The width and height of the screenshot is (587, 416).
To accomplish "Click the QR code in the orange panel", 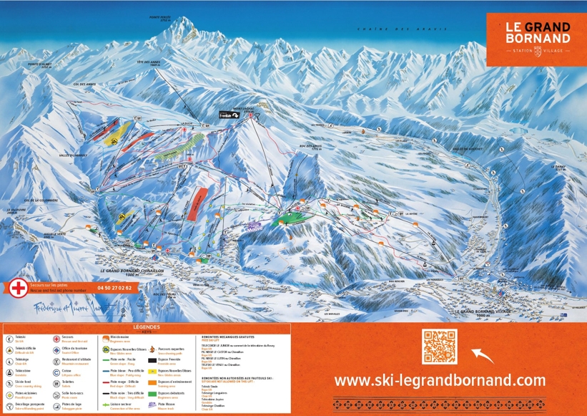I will pos(439,347).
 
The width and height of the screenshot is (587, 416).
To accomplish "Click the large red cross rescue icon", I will pos(18,289).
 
